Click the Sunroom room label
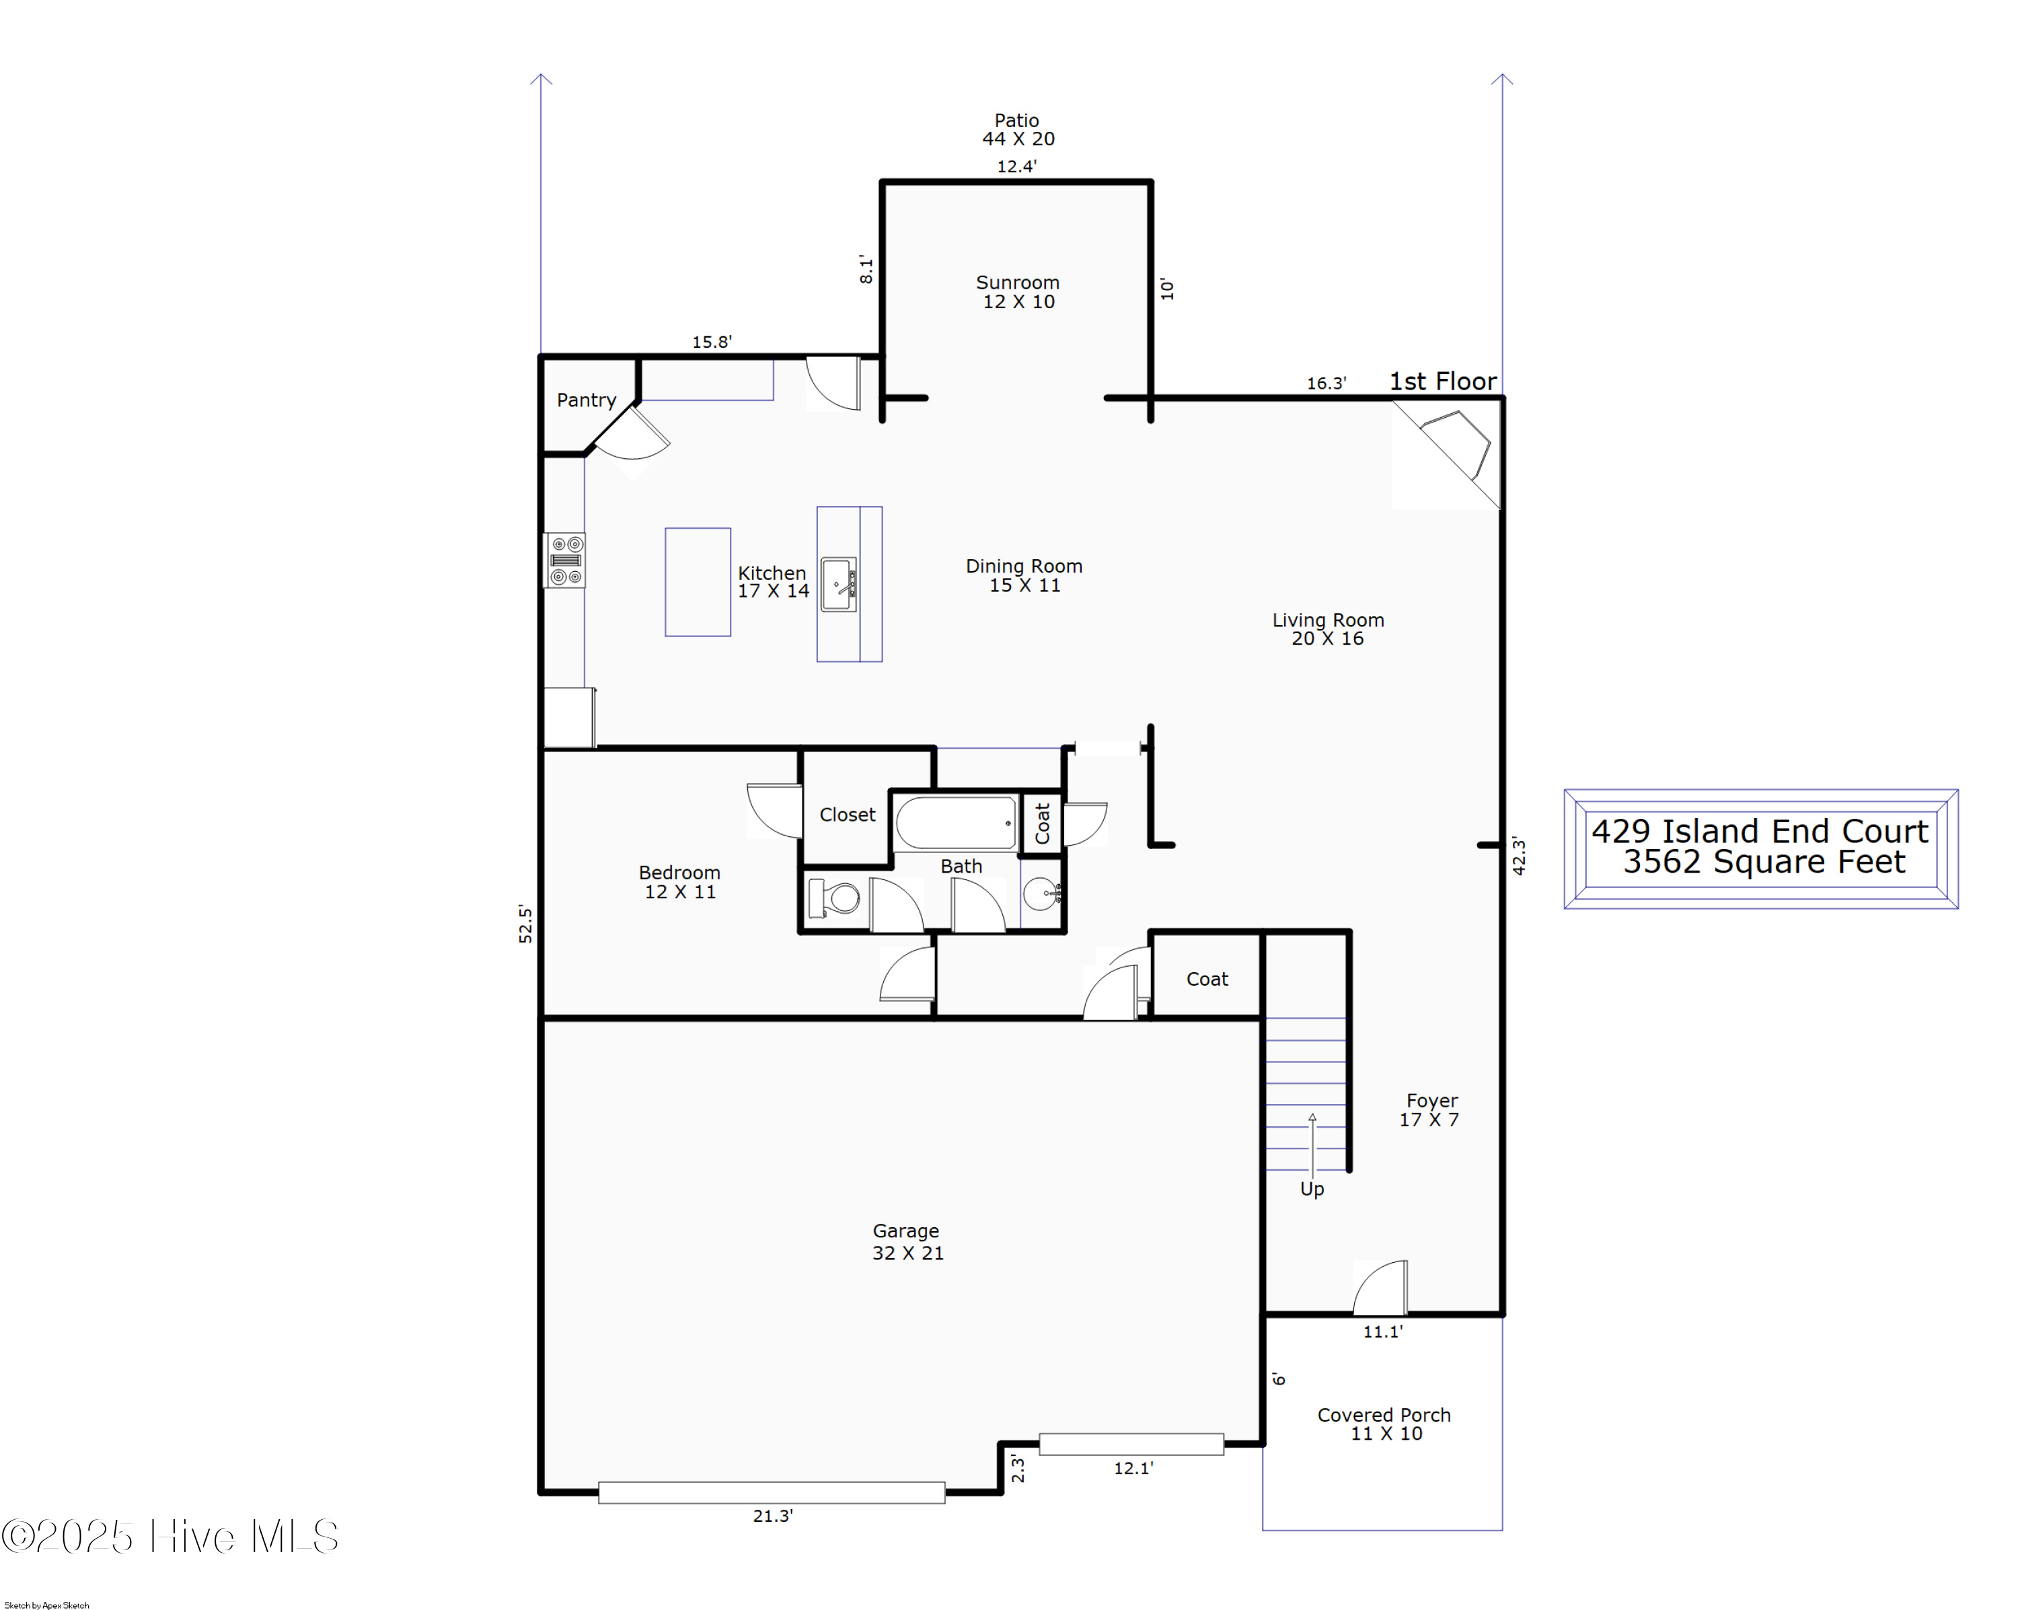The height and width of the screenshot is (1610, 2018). pyautogui.click(x=1018, y=291)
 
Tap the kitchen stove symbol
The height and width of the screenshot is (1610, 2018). pyautogui.click(x=565, y=560)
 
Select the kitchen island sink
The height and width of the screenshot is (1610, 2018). pyautogui.click(x=839, y=585)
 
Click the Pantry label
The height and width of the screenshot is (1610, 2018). pyautogui.click(x=586, y=400)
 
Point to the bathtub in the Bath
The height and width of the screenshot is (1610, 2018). pyautogui.click(x=956, y=823)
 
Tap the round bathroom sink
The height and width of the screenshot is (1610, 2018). pyautogui.click(x=1041, y=894)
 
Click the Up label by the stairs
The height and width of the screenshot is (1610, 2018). pyautogui.click(x=1311, y=1189)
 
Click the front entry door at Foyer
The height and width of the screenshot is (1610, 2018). pyautogui.click(x=1380, y=1289)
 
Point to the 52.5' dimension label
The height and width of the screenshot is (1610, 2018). pyautogui.click(x=525, y=924)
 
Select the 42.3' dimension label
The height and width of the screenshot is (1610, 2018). pyautogui.click(x=1518, y=856)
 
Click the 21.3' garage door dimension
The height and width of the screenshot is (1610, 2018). pyautogui.click(x=772, y=1515)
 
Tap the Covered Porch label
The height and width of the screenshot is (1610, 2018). pyautogui.click(x=1384, y=1424)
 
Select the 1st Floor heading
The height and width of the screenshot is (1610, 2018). pyautogui.click(x=1442, y=381)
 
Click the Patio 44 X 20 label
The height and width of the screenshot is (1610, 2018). pyautogui.click(x=1018, y=129)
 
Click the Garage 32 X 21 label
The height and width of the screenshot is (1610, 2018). pyautogui.click(x=907, y=1242)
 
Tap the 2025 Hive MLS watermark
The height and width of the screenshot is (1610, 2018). pyautogui.click(x=170, y=1536)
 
